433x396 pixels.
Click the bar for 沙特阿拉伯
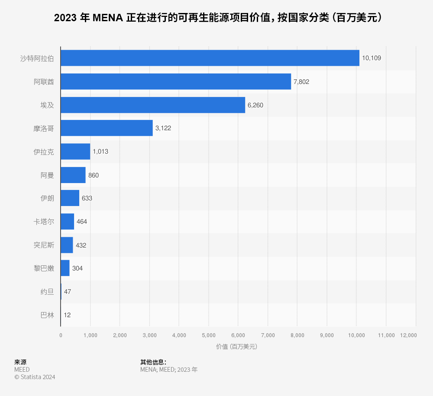click(210, 58)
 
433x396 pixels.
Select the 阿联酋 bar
click(176, 81)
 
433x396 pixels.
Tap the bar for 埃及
click(153, 105)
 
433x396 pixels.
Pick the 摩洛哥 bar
click(107, 128)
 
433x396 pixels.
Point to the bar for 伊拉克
click(75, 151)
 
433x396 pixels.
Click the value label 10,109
click(372, 58)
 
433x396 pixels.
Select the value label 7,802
click(301, 81)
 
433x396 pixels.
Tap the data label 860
click(94, 175)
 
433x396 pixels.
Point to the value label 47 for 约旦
click(68, 292)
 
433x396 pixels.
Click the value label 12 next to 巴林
click(67, 315)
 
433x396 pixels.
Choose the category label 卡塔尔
click(44, 222)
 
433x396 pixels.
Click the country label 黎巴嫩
click(44, 268)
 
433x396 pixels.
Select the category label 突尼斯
click(44, 245)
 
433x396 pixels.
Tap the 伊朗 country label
click(47, 198)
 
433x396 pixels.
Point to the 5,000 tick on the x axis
click(209, 335)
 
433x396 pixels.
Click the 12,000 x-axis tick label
click(408, 335)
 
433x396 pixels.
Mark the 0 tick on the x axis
click(61, 335)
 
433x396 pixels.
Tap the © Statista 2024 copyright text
click(35, 377)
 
